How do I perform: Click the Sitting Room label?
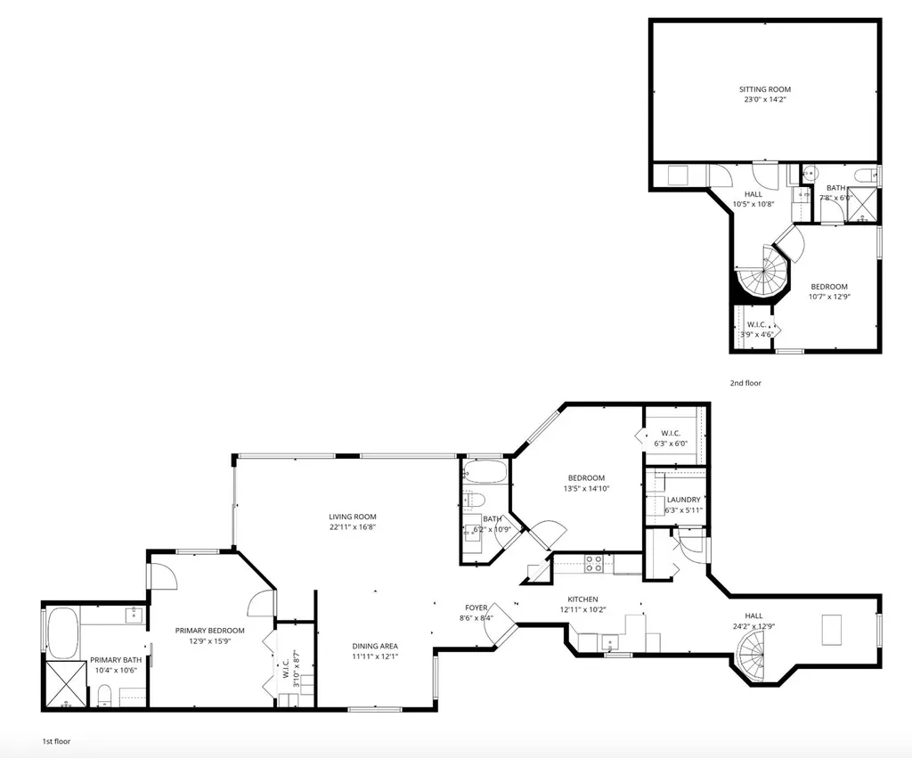[x=764, y=89]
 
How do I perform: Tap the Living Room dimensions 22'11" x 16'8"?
[x=353, y=527]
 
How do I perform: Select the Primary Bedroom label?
[x=209, y=631]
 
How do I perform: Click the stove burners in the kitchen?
[x=593, y=563]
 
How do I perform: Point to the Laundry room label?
[x=683, y=500]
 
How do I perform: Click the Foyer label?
[x=476, y=607]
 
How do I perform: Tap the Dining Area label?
[x=374, y=646]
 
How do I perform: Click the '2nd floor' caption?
[x=745, y=383]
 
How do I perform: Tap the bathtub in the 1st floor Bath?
[x=484, y=471]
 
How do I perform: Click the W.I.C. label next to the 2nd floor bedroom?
[x=755, y=324]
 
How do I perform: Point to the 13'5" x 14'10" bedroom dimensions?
[x=587, y=488]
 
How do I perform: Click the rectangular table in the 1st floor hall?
[x=833, y=631]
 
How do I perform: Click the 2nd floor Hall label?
[x=753, y=194]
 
